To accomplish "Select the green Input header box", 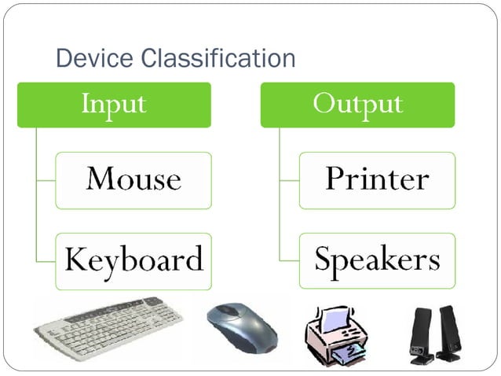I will tap(114, 104).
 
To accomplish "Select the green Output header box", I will tap(357, 104).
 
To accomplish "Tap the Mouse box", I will tap(133, 179).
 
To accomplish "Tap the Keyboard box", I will tap(133, 260).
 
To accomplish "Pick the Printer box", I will tap(377, 179).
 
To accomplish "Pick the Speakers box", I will tap(377, 260).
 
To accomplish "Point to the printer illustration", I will tap(338, 334).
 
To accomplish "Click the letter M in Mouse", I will tap(100, 179).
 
